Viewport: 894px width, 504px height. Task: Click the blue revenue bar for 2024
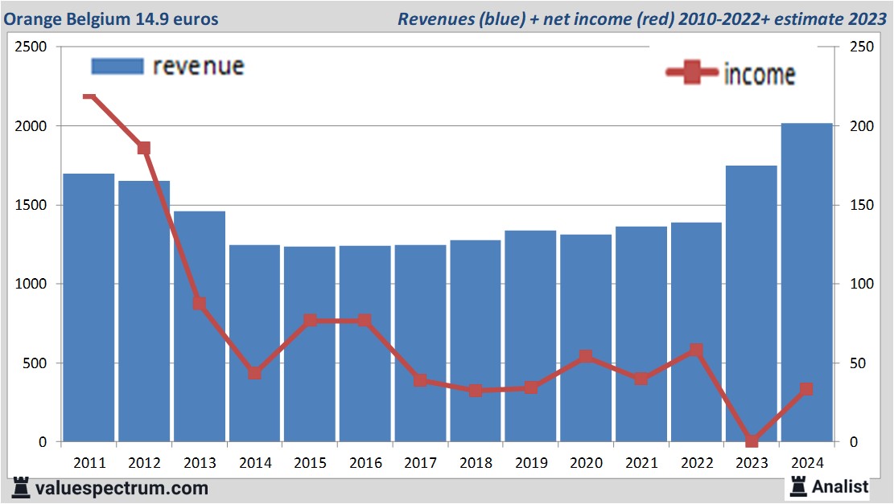tap(806, 282)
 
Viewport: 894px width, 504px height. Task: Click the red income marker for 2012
tap(144, 148)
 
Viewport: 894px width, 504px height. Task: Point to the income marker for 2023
tap(751, 441)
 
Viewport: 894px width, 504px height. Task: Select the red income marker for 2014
tap(254, 373)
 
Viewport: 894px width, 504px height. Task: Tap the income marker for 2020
tap(586, 356)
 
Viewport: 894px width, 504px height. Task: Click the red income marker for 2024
tap(806, 389)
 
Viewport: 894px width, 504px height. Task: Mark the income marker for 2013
tap(199, 303)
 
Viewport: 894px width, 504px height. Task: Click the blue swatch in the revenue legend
tap(117, 66)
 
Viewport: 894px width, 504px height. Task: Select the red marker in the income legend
tap(691, 73)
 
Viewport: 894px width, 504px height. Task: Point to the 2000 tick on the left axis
tap(31, 126)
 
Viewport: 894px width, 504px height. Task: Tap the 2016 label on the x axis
tap(365, 463)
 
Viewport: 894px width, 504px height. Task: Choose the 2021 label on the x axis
tap(641, 463)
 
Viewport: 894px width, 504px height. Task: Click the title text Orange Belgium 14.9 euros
tap(111, 18)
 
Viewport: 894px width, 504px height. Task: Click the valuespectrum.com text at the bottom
tap(121, 488)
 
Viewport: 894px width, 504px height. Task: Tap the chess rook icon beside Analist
tap(799, 486)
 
